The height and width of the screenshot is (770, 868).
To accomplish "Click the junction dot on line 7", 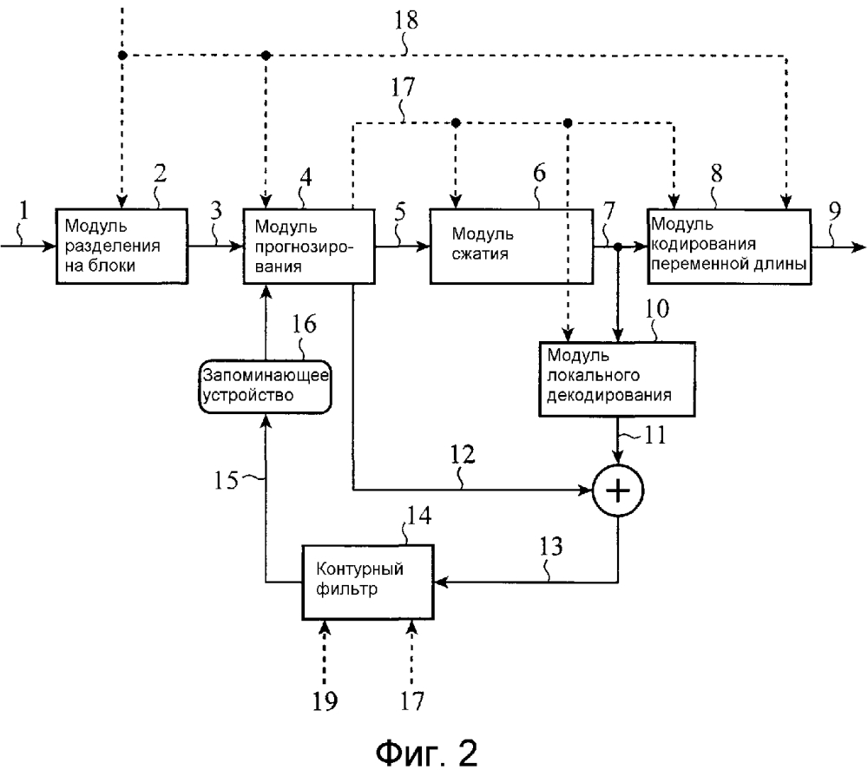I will (x=617, y=247).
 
